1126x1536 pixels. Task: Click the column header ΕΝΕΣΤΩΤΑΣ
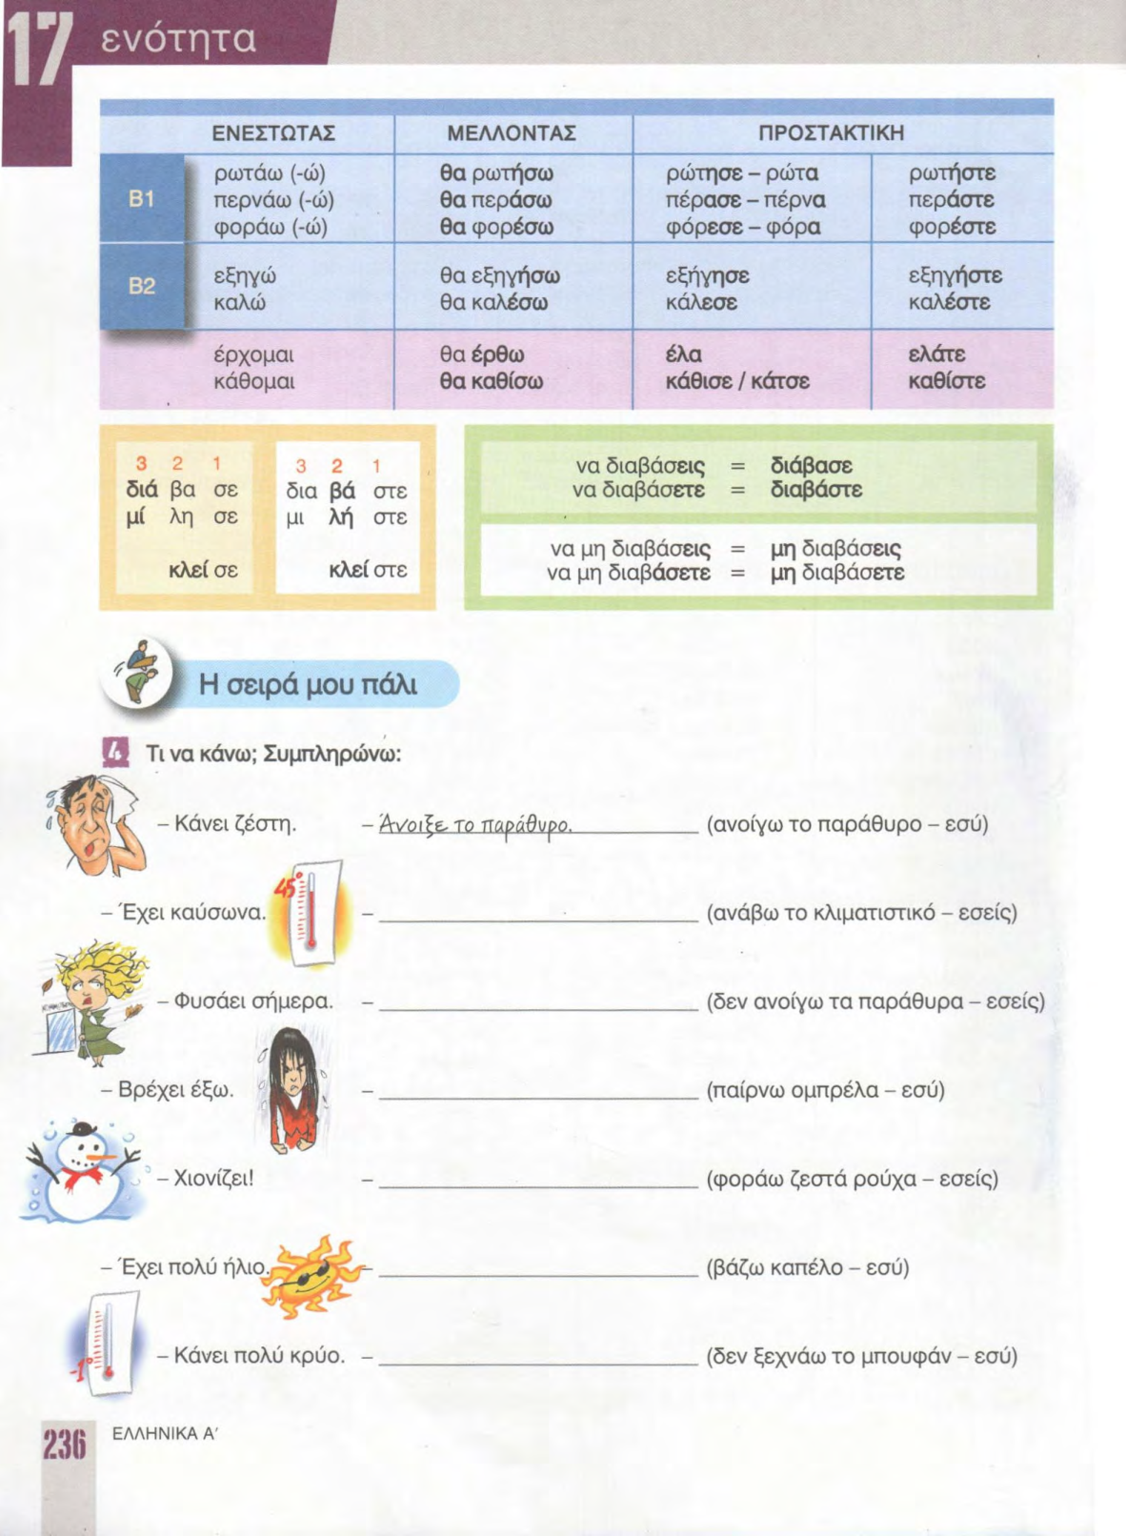[x=272, y=132]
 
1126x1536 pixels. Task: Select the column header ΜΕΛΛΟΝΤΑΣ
[x=512, y=132]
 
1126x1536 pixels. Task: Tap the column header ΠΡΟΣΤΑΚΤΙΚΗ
[x=831, y=132]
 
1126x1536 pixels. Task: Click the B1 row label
[x=141, y=199]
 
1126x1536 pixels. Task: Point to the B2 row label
[x=141, y=286]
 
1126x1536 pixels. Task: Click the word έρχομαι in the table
[x=253, y=355]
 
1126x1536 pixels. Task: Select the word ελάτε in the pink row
[x=937, y=354]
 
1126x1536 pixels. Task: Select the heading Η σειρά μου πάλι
[x=308, y=684]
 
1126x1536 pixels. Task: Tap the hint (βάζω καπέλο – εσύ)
[x=807, y=1267]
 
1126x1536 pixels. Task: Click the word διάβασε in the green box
[x=811, y=466]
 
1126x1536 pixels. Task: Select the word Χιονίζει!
[x=214, y=1178]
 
